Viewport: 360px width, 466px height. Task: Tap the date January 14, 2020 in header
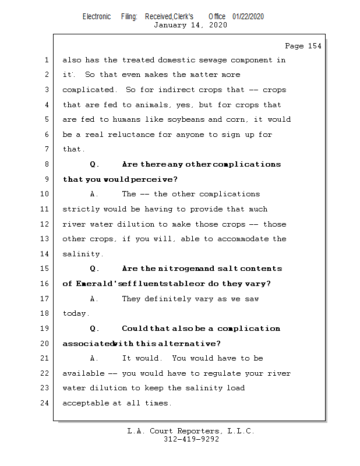click(x=190, y=25)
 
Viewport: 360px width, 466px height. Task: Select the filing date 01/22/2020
click(x=248, y=16)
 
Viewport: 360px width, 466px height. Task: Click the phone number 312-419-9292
click(x=191, y=440)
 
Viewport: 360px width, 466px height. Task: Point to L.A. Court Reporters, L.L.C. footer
click(x=191, y=432)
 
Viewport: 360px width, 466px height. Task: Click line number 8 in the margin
click(x=47, y=164)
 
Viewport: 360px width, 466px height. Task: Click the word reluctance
click(x=135, y=135)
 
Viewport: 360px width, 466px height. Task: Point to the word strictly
click(x=80, y=209)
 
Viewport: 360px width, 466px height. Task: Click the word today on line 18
click(x=75, y=313)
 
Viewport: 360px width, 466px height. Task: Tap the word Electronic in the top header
click(x=97, y=16)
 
